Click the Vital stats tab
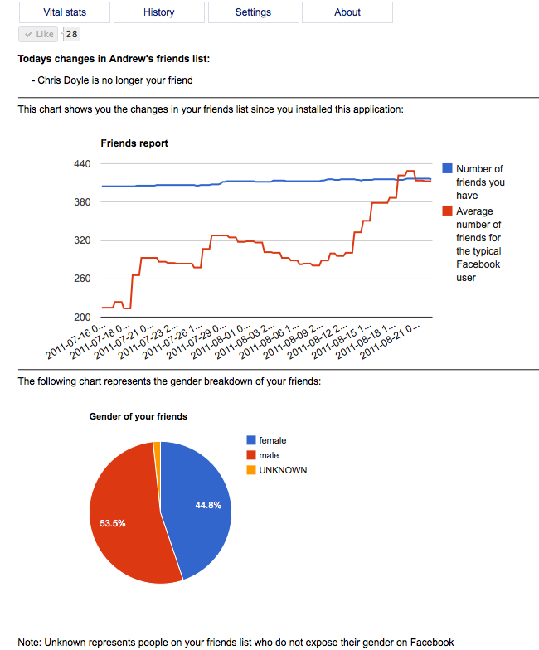(x=64, y=12)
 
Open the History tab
(x=158, y=12)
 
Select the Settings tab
(x=253, y=12)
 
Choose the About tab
(x=347, y=12)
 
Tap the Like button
(x=38, y=34)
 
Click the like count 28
(x=72, y=34)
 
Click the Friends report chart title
(x=134, y=143)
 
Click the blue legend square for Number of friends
(x=448, y=168)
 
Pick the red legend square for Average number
(x=448, y=211)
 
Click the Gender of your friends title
(x=138, y=416)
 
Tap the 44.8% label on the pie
(x=208, y=506)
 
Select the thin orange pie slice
(x=157, y=449)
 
